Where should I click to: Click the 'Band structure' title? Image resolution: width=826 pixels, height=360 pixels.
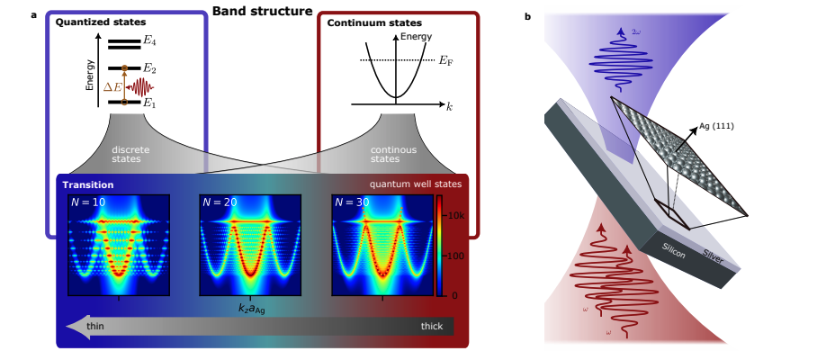pyautogui.click(x=262, y=12)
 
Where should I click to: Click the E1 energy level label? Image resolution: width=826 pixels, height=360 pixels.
pyautogui.click(x=150, y=103)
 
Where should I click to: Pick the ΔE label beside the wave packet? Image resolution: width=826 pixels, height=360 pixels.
pyautogui.click(x=113, y=86)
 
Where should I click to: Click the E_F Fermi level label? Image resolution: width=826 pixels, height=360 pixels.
pyautogui.click(x=444, y=60)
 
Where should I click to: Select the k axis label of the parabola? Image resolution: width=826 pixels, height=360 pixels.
pyautogui.click(x=449, y=106)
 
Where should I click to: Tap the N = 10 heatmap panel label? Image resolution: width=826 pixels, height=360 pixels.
pyautogui.click(x=87, y=202)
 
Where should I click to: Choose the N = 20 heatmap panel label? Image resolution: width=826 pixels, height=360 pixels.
pyautogui.click(x=219, y=202)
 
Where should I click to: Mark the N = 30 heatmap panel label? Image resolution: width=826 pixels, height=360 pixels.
pyautogui.click(x=353, y=202)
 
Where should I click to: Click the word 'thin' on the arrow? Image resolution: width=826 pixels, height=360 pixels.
pyautogui.click(x=94, y=326)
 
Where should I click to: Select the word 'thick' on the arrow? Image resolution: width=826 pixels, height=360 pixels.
pyautogui.click(x=432, y=326)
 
